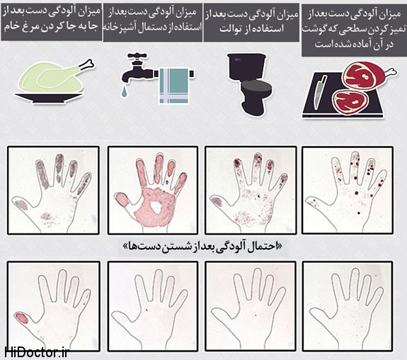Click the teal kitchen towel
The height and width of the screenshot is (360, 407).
point(173,86)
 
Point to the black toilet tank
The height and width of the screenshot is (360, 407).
point(246,67)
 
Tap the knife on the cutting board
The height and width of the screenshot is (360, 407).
point(319,91)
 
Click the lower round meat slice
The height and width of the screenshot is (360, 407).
point(350,102)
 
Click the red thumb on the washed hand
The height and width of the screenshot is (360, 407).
point(22,318)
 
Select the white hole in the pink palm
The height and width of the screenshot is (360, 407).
point(156,207)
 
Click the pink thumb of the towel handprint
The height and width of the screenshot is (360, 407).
point(122,199)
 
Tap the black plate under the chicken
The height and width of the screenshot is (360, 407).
point(49,98)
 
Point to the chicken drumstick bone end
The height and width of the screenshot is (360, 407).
point(90,63)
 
